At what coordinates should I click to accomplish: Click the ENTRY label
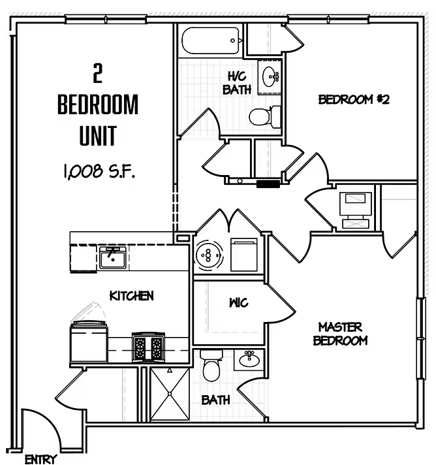40,459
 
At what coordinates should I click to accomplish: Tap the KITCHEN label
131,296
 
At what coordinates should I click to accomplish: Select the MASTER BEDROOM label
340,333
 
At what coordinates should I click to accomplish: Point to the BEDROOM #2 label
354,99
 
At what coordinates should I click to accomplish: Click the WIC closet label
238,303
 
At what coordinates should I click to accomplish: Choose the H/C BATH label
236,84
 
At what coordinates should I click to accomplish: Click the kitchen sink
113,259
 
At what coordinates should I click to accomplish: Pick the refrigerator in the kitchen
89,340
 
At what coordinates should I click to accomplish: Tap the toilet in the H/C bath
264,116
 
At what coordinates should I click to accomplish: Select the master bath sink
248,358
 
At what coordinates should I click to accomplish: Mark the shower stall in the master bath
169,394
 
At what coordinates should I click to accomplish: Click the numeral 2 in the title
98,74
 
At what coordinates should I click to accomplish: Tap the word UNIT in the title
98,136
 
